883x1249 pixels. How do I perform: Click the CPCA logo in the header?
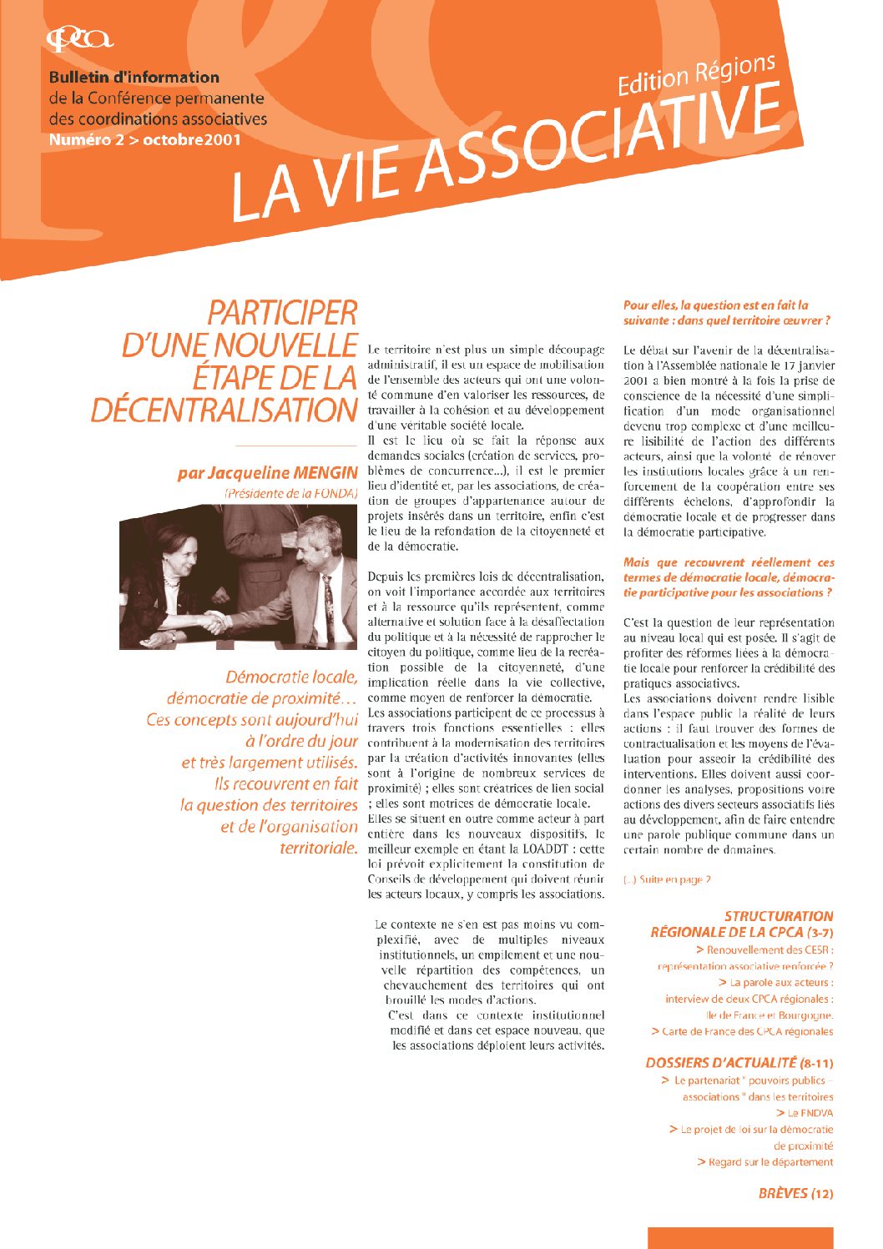(80, 38)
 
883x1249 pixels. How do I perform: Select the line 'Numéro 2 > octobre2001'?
(144, 139)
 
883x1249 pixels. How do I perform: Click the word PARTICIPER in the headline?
(282, 314)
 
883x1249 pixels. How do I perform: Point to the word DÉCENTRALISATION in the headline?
(224, 410)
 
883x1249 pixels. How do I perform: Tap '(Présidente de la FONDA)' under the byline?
(290, 494)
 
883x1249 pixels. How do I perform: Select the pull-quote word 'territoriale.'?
(319, 849)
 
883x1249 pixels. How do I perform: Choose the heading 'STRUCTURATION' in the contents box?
(778, 915)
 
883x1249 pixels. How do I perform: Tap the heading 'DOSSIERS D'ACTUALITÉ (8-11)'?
(739, 1063)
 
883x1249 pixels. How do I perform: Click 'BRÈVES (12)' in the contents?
(795, 1193)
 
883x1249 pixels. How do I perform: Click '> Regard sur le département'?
(764, 1161)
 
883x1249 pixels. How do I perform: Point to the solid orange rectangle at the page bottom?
(739, 1237)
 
